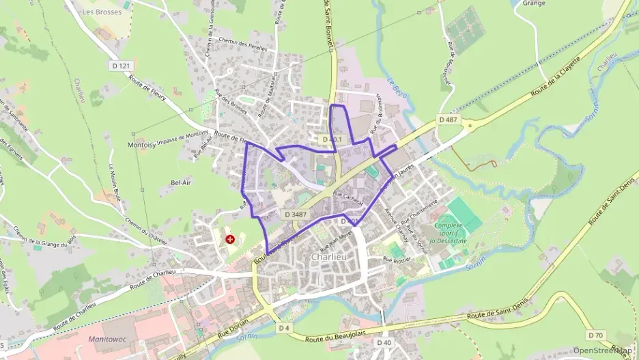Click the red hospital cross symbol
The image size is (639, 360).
(231, 239)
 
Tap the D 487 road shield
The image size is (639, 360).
(448, 120)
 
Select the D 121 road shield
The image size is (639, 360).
(120, 66)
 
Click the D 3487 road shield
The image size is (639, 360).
(296, 214)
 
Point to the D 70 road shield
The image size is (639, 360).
(595, 335)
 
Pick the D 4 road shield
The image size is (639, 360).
(284, 328)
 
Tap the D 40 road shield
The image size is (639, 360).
(384, 342)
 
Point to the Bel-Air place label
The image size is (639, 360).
(180, 183)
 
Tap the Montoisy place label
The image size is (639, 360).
(141, 146)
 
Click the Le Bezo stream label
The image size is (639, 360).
(397, 89)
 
